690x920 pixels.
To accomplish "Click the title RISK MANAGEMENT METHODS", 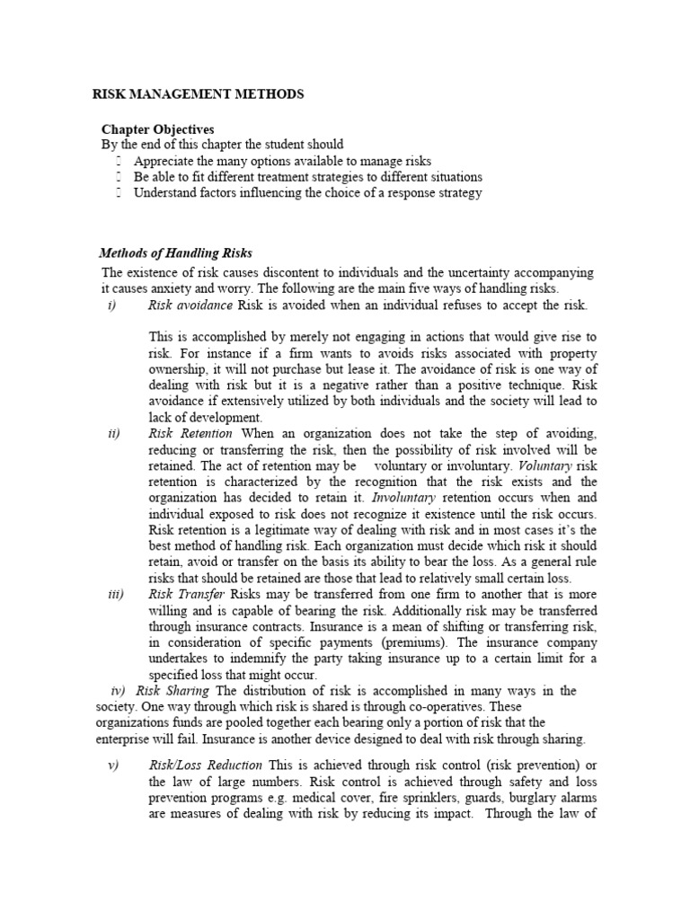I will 199,93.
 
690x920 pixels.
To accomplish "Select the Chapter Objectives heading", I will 157,129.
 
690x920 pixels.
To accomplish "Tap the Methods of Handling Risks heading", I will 181,253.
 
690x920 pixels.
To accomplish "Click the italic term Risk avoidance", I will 190,305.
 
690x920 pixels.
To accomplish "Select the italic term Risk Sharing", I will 172,691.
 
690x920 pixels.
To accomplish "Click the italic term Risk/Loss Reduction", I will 206,765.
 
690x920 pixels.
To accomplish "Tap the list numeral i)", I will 112,305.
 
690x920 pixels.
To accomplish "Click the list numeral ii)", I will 113,434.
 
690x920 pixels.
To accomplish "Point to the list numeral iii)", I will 114,595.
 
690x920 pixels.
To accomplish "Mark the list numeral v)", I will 113,765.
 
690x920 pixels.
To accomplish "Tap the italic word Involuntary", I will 405,499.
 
